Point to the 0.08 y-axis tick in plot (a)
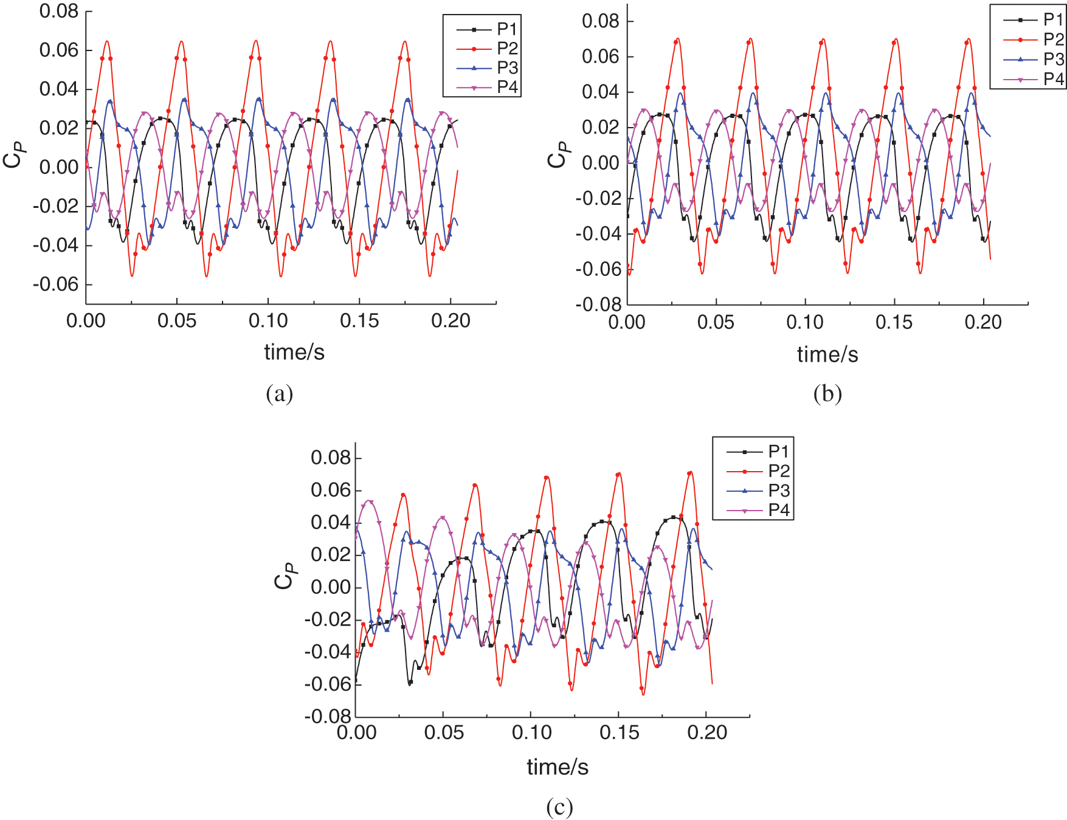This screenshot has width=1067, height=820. [59, 11]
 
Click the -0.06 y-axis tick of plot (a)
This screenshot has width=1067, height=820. [56, 284]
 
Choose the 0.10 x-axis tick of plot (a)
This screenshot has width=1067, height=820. [268, 321]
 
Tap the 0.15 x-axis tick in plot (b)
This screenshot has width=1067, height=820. [894, 322]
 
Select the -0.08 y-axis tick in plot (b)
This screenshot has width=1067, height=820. [598, 304]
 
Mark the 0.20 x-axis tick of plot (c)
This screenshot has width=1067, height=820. [706, 732]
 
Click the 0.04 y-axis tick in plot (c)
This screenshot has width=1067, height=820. [331, 522]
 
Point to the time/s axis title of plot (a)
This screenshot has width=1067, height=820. [294, 352]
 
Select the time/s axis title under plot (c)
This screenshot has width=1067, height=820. [558, 767]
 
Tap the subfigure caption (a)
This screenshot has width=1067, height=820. [280, 394]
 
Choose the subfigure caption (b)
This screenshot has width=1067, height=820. [827, 394]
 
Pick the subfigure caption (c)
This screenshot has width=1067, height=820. [559, 807]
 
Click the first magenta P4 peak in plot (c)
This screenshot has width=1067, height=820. [369, 501]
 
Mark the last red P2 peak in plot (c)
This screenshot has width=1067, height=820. [689, 472]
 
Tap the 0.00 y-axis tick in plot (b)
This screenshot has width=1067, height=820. [601, 163]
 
